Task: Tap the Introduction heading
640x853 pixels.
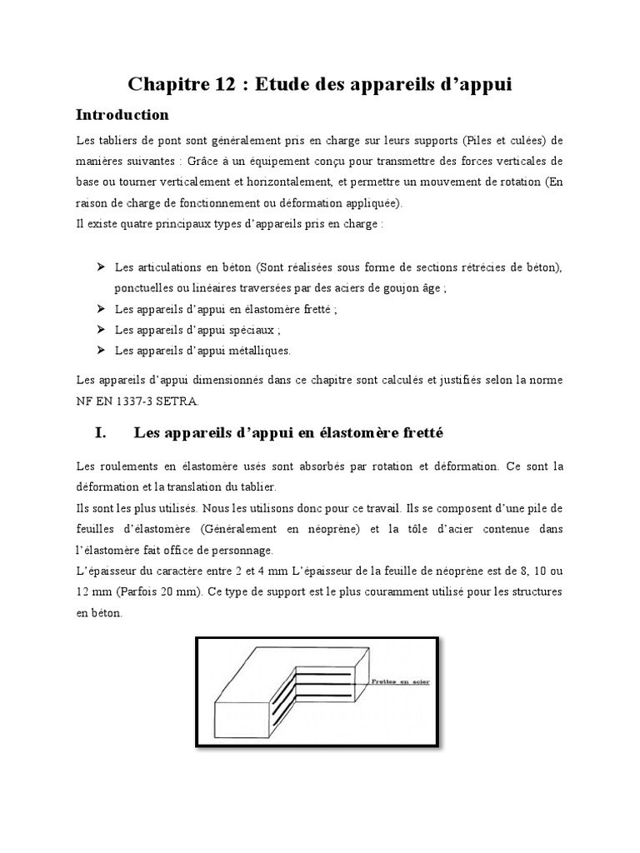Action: click(122, 114)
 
